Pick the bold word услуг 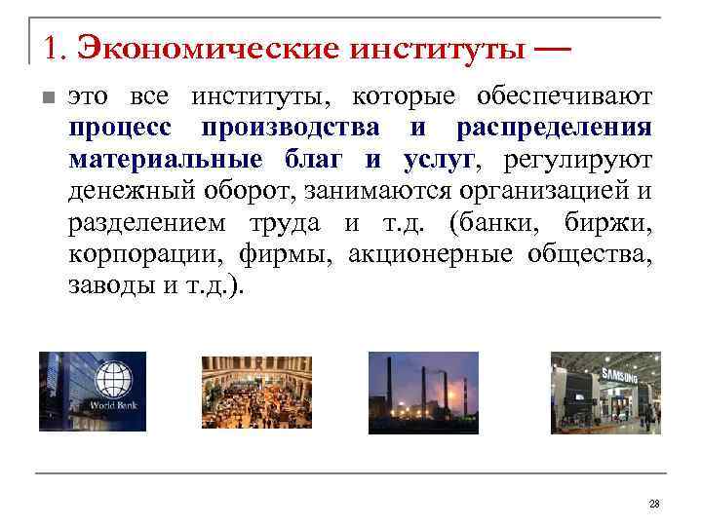click(431, 160)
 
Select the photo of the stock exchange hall click(255, 391)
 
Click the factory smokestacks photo click(422, 391)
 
